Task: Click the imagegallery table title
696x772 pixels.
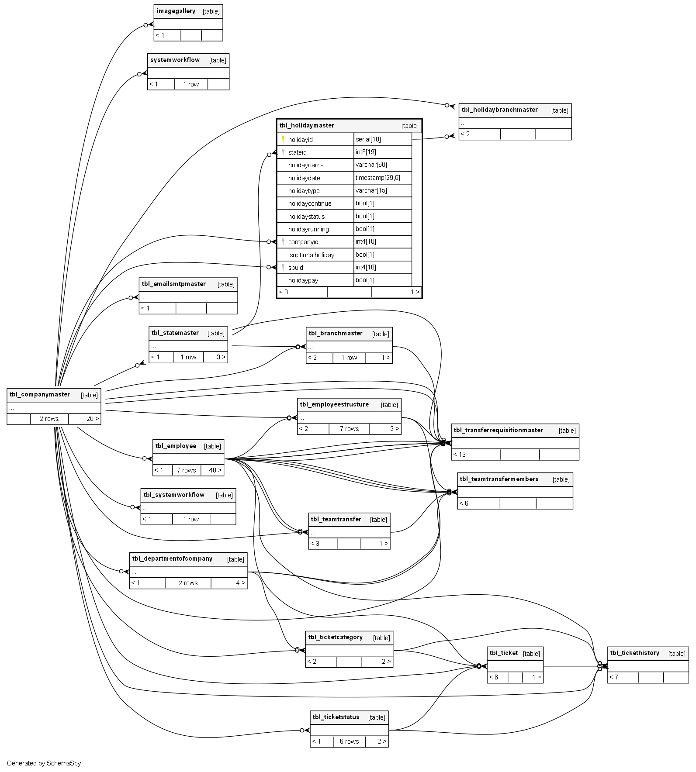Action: (x=176, y=11)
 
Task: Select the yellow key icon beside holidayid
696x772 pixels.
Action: (x=283, y=139)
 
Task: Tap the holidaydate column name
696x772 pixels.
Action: (x=304, y=178)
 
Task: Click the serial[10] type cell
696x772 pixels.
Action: (x=368, y=139)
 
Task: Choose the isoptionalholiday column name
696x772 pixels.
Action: (x=311, y=255)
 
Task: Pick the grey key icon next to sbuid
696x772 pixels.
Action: (x=283, y=267)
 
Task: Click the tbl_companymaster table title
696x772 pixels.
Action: (x=40, y=395)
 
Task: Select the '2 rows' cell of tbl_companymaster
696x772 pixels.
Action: (x=49, y=419)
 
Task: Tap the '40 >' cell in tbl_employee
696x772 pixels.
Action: (x=215, y=470)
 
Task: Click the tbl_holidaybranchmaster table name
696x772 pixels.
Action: (x=499, y=110)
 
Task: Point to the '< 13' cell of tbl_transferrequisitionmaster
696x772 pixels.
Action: (x=460, y=455)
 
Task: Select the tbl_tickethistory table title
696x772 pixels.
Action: (x=634, y=653)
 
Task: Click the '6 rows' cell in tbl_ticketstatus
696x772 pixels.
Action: (x=349, y=741)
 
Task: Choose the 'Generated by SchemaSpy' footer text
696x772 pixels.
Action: (x=44, y=763)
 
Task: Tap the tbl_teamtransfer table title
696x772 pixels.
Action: (x=336, y=520)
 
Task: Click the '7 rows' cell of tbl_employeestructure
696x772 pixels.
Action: (x=349, y=429)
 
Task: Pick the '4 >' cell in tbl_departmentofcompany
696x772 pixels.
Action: (x=240, y=583)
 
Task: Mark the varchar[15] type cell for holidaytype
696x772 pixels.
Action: (x=371, y=190)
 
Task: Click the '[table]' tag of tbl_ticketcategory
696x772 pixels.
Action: (x=381, y=638)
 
